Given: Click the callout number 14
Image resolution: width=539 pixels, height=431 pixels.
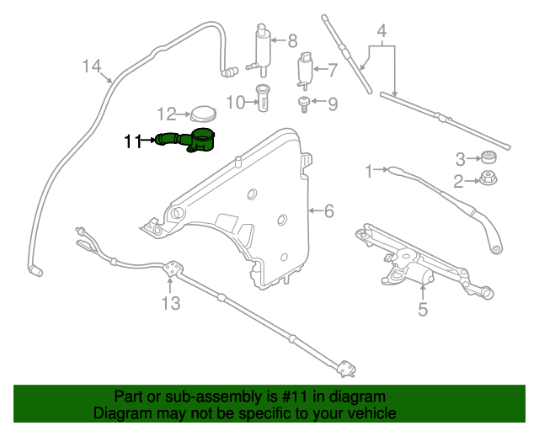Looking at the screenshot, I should (91, 66).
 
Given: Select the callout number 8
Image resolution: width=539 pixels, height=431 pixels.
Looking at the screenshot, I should (292, 40).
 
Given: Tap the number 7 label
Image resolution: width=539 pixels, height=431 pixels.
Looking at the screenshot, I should (332, 70).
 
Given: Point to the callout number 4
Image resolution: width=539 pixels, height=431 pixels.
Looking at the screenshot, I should (382, 34).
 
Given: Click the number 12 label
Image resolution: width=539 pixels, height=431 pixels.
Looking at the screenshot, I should (166, 114).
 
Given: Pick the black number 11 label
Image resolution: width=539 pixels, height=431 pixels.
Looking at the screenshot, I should (132, 141).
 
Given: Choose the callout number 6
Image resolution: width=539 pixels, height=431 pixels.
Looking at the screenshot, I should (328, 210).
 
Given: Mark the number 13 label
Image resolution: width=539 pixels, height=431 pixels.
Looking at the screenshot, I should (171, 303).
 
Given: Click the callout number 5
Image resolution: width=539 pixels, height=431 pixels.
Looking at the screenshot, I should (423, 309).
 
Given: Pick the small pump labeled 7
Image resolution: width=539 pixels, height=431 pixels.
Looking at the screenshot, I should (304, 70).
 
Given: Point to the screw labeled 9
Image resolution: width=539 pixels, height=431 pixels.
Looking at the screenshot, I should (301, 104).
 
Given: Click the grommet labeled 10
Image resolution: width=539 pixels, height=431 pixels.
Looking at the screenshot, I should (263, 100).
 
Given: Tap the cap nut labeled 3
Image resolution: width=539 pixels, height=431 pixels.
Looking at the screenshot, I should (487, 157).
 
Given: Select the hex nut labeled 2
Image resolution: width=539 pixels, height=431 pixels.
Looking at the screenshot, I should (487, 178).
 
